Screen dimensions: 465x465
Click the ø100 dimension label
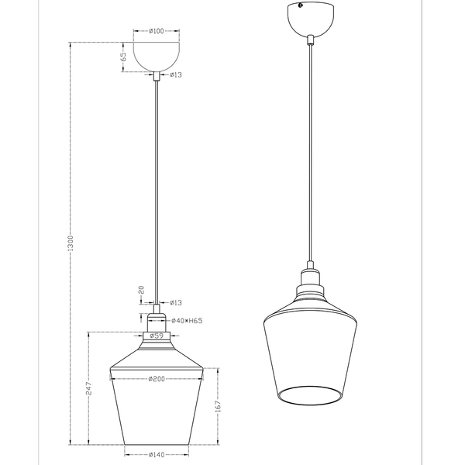point(157,32)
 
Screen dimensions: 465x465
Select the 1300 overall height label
point(71,244)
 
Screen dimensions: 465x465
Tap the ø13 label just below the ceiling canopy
point(176,75)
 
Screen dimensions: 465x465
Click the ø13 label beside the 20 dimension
point(176,302)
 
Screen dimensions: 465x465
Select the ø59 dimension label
point(157,336)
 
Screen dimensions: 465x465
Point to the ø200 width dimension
point(157,379)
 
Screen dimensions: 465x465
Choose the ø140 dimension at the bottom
point(157,456)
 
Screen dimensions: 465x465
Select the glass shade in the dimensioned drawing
point(157,403)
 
